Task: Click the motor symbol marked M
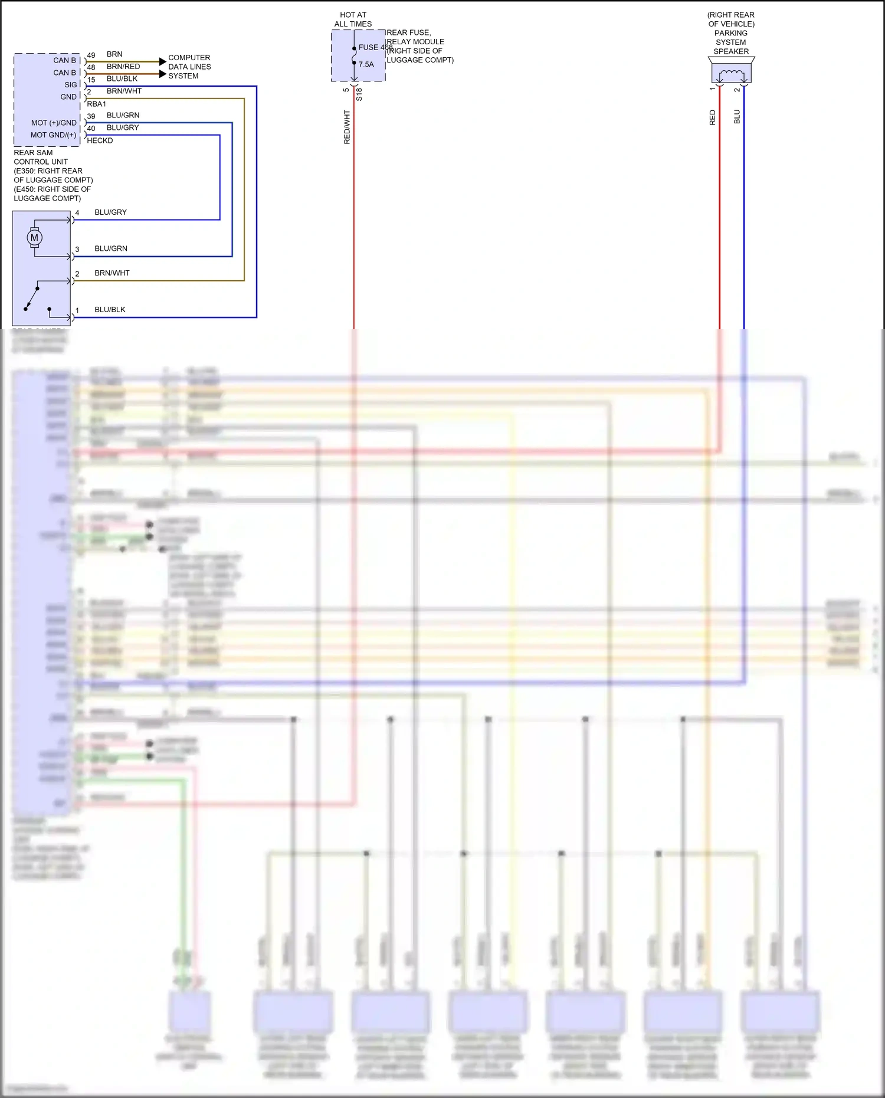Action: tap(34, 238)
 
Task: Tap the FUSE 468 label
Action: tap(375, 47)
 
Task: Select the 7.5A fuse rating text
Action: tap(366, 64)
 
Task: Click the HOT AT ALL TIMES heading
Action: tap(353, 19)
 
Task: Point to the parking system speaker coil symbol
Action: tap(732, 74)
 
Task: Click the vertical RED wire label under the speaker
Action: tap(712, 117)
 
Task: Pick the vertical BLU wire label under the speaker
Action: tap(737, 117)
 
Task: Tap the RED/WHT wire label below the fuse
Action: tap(347, 127)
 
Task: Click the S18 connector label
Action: tap(359, 94)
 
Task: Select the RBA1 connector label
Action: tap(97, 104)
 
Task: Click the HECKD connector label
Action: tap(100, 140)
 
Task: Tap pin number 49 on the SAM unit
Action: tap(91, 55)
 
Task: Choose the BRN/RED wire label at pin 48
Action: tap(123, 67)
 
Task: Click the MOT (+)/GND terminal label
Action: tap(54, 123)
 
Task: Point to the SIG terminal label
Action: tap(71, 84)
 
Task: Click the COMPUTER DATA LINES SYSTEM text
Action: tap(189, 67)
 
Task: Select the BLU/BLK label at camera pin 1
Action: tap(110, 309)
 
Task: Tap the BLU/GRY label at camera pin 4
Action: tap(110, 212)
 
